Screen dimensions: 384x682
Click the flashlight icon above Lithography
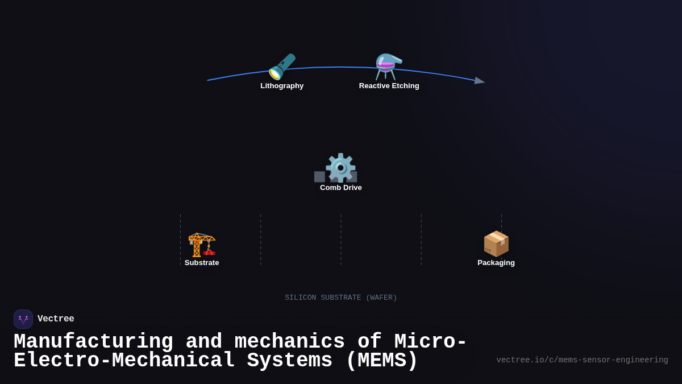pyautogui.click(x=282, y=67)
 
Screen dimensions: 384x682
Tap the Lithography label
pyautogui.click(x=282, y=86)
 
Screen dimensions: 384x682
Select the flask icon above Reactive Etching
pyautogui.click(x=389, y=67)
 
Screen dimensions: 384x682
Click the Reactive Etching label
pyautogui.click(x=389, y=86)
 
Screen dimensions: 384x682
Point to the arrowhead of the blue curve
pyautogui.click(x=480, y=81)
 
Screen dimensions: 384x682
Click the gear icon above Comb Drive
pyautogui.click(x=340, y=168)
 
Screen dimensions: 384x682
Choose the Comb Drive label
pyautogui.click(x=340, y=188)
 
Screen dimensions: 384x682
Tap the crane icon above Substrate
pyautogui.click(x=202, y=244)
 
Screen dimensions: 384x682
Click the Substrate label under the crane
pyautogui.click(x=202, y=263)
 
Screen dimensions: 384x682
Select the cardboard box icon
pyautogui.click(x=496, y=244)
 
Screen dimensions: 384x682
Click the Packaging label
pyautogui.click(x=496, y=263)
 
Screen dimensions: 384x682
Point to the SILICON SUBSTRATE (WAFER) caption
pyautogui.click(x=340, y=298)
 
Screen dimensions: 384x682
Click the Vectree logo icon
pyautogui.click(x=23, y=319)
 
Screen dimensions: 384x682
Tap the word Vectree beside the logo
pyautogui.click(x=56, y=319)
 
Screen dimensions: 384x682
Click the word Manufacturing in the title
pyautogui.click(x=93, y=342)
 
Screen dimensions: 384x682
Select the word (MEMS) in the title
pyautogui.click(x=381, y=361)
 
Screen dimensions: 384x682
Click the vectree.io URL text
pyautogui.click(x=582, y=360)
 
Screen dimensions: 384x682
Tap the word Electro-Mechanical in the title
pyautogui.click(x=124, y=361)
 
